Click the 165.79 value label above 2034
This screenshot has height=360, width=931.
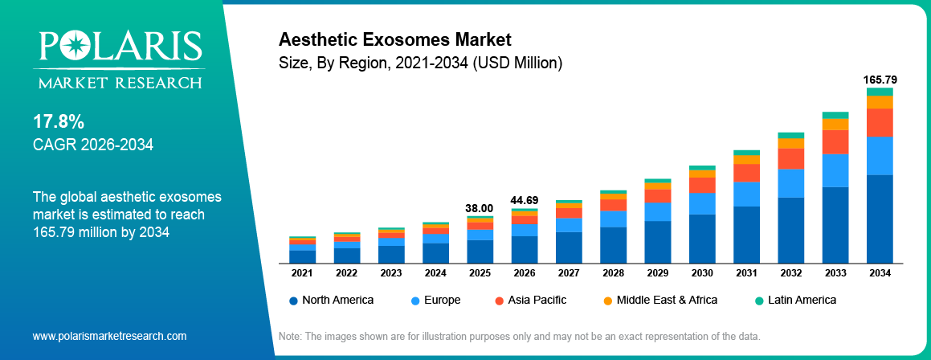880,80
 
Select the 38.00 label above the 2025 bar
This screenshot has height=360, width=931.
480,208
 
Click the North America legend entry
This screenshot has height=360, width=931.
331,300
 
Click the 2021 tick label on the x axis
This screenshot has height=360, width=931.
302,273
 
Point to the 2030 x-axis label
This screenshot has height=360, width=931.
702,273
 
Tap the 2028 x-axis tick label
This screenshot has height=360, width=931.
613,273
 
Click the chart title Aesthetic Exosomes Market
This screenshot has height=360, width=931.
394,39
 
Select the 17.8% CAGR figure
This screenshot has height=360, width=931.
58,122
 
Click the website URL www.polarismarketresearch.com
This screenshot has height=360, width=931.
109,335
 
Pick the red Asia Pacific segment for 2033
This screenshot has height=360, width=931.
835,141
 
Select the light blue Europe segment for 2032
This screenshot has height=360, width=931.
791,183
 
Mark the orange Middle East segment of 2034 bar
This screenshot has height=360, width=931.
880,102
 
